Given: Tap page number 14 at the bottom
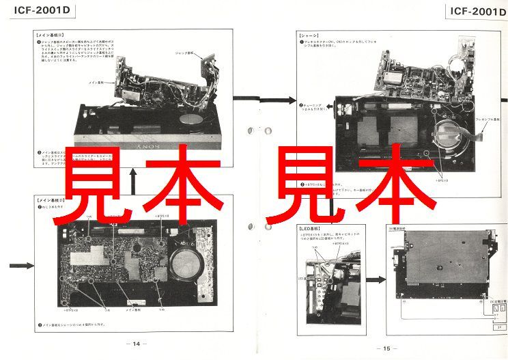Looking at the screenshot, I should coord(135,344).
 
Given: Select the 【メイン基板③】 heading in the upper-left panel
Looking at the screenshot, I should coord(49,33).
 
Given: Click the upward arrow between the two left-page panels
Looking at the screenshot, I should coord(134,179).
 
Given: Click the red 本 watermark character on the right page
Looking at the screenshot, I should coord(396,179).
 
